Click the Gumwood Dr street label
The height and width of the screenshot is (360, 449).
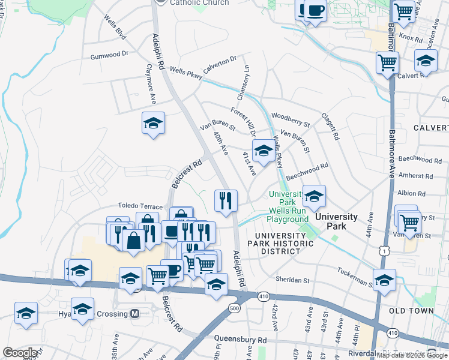110,54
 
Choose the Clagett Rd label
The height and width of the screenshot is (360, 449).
330,127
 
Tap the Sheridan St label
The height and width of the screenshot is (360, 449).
292,280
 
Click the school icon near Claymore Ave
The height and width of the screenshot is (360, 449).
154,123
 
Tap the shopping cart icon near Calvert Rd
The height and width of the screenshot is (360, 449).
387,62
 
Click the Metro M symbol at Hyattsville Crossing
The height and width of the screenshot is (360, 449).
135,314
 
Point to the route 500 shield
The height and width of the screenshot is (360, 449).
234,308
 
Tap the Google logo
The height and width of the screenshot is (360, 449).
20,353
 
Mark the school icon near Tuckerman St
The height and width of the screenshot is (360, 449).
384,279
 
